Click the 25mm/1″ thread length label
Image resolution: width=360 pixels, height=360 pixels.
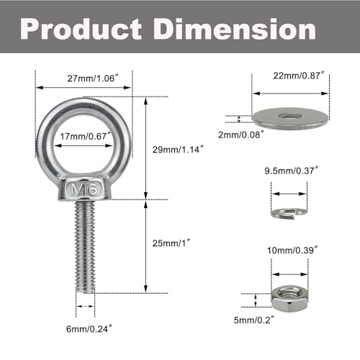174,244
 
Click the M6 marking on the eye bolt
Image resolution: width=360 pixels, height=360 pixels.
84,190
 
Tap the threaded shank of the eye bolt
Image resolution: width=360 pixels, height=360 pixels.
85,245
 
